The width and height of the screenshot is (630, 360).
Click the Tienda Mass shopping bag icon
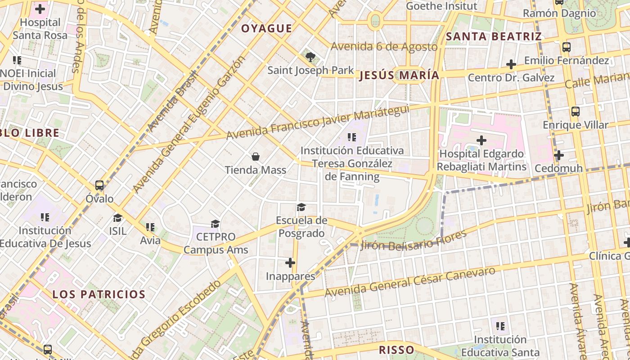256,157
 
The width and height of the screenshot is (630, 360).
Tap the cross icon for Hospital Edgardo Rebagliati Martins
481,140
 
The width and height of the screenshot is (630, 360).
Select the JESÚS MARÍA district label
399,75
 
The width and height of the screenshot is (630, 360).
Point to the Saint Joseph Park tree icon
310,57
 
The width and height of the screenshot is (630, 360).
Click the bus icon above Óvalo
99,185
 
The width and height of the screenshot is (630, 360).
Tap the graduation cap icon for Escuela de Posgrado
301,207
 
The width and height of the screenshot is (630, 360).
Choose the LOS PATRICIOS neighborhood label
99,295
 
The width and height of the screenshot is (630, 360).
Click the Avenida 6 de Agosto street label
384,46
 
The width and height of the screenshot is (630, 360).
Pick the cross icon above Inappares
290,262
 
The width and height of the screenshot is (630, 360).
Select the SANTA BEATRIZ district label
494,36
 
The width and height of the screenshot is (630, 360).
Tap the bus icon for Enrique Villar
575,112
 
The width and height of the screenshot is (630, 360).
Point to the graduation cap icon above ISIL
117,218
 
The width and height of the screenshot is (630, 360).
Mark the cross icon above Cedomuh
558,156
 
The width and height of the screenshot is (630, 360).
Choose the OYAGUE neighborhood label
266,29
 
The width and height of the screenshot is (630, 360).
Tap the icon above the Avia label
150,227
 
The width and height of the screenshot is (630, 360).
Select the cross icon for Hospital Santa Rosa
40,9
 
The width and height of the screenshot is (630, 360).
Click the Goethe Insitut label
441,6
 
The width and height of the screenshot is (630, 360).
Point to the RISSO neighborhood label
396,350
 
